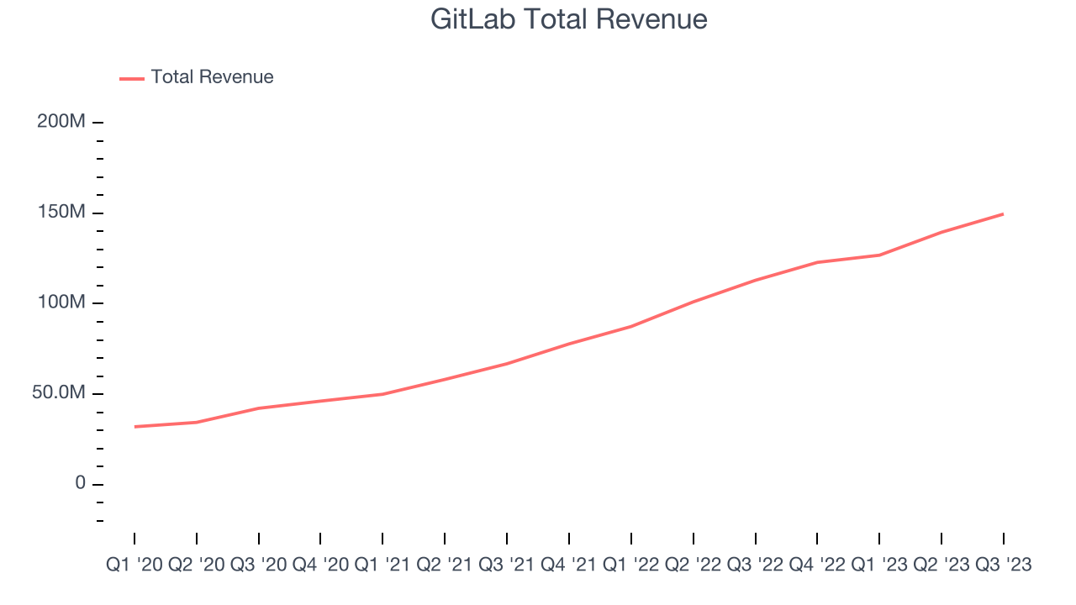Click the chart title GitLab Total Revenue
click(x=568, y=18)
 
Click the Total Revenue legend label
click(x=212, y=77)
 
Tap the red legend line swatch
click(x=132, y=78)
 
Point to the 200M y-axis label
click(x=61, y=122)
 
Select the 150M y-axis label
click(x=61, y=213)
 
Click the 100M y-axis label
click(x=61, y=302)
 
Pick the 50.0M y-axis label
click(x=59, y=393)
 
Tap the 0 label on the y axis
click(x=80, y=483)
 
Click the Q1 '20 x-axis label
click(x=134, y=566)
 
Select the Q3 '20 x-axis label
click(x=259, y=566)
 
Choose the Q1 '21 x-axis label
click(x=383, y=566)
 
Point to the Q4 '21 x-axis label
click(x=569, y=566)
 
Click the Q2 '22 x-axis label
click(x=694, y=566)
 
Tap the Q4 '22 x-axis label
click(x=817, y=566)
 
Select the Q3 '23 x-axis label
click(x=1002, y=566)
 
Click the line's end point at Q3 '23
click(x=1003, y=214)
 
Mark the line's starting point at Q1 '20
click(x=134, y=427)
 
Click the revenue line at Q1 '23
click(x=879, y=255)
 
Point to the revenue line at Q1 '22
click(x=631, y=326)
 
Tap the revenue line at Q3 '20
click(x=259, y=408)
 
